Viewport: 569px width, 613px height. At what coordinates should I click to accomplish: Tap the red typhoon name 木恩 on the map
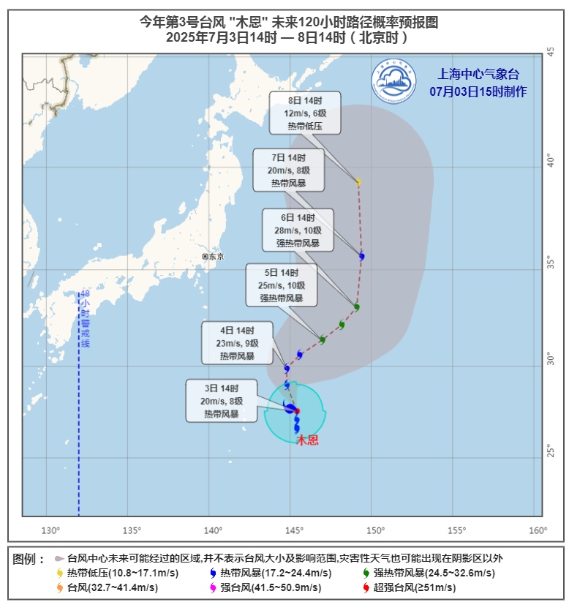click(307, 440)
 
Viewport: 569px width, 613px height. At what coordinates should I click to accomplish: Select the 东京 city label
click(214, 257)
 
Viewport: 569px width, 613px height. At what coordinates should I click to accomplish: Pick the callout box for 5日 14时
click(282, 285)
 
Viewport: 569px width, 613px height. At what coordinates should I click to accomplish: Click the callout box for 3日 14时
click(222, 401)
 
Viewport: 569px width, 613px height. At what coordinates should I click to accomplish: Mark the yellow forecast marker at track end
click(358, 182)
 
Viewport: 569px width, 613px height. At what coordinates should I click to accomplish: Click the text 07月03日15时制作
click(478, 91)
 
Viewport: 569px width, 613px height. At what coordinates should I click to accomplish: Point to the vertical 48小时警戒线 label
click(85, 319)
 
